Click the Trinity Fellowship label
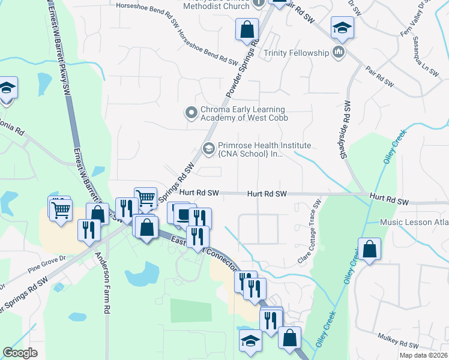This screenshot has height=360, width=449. tap(297, 53)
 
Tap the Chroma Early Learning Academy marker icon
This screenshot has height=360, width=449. tap(191, 112)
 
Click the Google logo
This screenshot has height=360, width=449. tap(20, 353)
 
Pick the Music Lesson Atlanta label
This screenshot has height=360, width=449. tap(414, 223)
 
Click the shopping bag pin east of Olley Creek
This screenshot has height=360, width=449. tap(370, 249)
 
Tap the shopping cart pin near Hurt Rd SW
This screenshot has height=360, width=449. tap(145, 197)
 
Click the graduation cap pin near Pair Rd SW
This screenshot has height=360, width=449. tap(342, 27)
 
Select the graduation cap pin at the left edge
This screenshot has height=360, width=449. tap(6, 88)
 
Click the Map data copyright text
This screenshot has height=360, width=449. tap(424, 355)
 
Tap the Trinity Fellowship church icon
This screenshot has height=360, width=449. tap(339, 53)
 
